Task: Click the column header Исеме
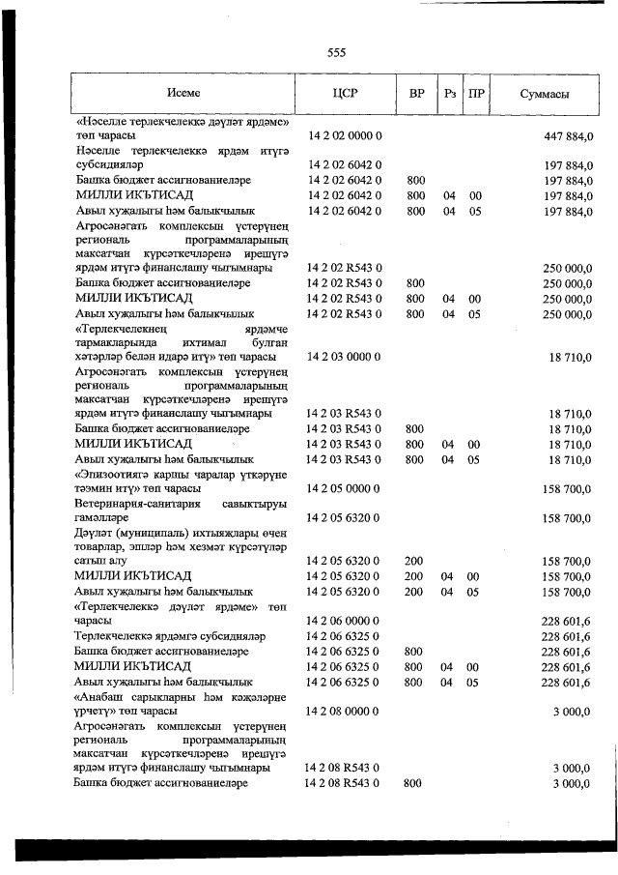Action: [x=182, y=95]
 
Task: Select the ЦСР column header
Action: [x=346, y=95]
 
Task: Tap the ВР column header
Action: [x=416, y=95]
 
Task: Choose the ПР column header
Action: [x=476, y=95]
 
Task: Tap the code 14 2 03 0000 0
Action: [x=346, y=357]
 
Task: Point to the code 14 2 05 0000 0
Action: [x=346, y=489]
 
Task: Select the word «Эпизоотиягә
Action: [x=114, y=475]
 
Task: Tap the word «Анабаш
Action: [x=101, y=696]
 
